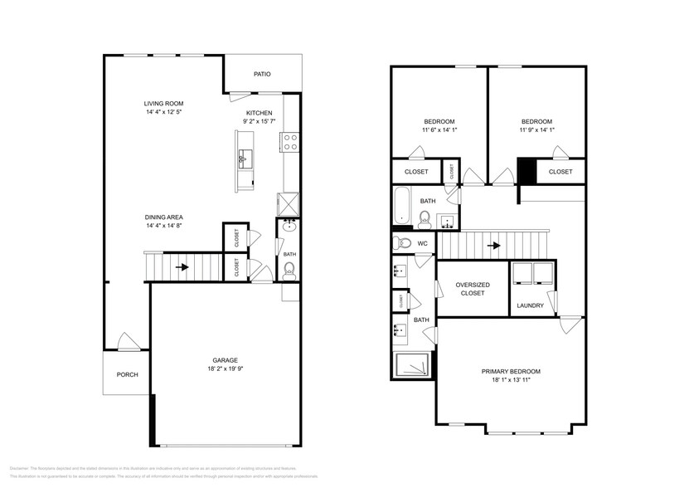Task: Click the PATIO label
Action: point(262,74)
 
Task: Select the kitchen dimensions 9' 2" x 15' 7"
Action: point(258,121)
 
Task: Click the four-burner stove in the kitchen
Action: point(290,143)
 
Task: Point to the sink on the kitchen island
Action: point(246,156)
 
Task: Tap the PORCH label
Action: point(127,374)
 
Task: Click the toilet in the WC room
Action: point(401,243)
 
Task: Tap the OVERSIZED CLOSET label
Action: point(472,288)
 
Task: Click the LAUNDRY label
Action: point(530,305)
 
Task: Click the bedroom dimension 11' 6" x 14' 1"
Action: point(439,130)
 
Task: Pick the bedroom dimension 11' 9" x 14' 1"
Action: point(536,130)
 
